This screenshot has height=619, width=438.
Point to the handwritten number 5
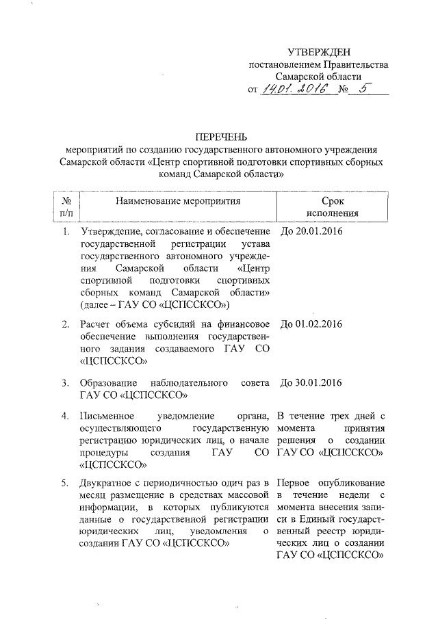point(363,89)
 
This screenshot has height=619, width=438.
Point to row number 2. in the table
point(66,324)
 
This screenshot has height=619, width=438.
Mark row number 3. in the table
point(66,383)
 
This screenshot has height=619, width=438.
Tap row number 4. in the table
point(66,416)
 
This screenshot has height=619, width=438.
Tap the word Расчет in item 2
point(96,324)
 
